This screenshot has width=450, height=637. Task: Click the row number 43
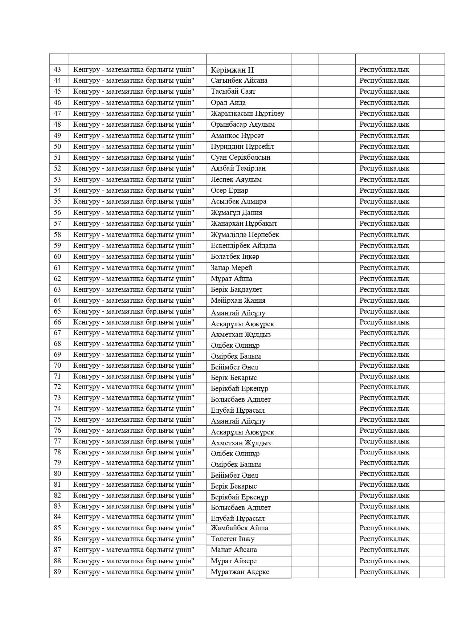57,70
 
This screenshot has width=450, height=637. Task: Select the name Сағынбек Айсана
239,81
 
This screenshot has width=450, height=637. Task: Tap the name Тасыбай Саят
233,91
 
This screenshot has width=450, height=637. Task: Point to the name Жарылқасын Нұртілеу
247,114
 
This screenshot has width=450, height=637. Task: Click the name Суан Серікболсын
240,158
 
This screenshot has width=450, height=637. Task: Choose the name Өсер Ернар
229,191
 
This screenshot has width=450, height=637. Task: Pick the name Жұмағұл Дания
236,213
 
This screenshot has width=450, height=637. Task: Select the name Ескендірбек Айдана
243,246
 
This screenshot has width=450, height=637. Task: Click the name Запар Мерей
231,268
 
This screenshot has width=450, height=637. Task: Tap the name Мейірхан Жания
238,301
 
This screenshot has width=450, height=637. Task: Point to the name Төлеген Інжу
232,539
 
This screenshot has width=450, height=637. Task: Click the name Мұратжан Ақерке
240,572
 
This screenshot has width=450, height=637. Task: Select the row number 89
57,572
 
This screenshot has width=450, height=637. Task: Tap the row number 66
57,322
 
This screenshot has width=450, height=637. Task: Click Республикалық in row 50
384,147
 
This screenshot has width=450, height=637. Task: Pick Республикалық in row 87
384,550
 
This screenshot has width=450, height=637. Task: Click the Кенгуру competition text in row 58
134,234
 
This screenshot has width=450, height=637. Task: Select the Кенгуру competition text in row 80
134,474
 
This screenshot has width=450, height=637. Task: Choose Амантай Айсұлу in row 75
238,421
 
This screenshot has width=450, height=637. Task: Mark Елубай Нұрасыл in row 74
237,411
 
